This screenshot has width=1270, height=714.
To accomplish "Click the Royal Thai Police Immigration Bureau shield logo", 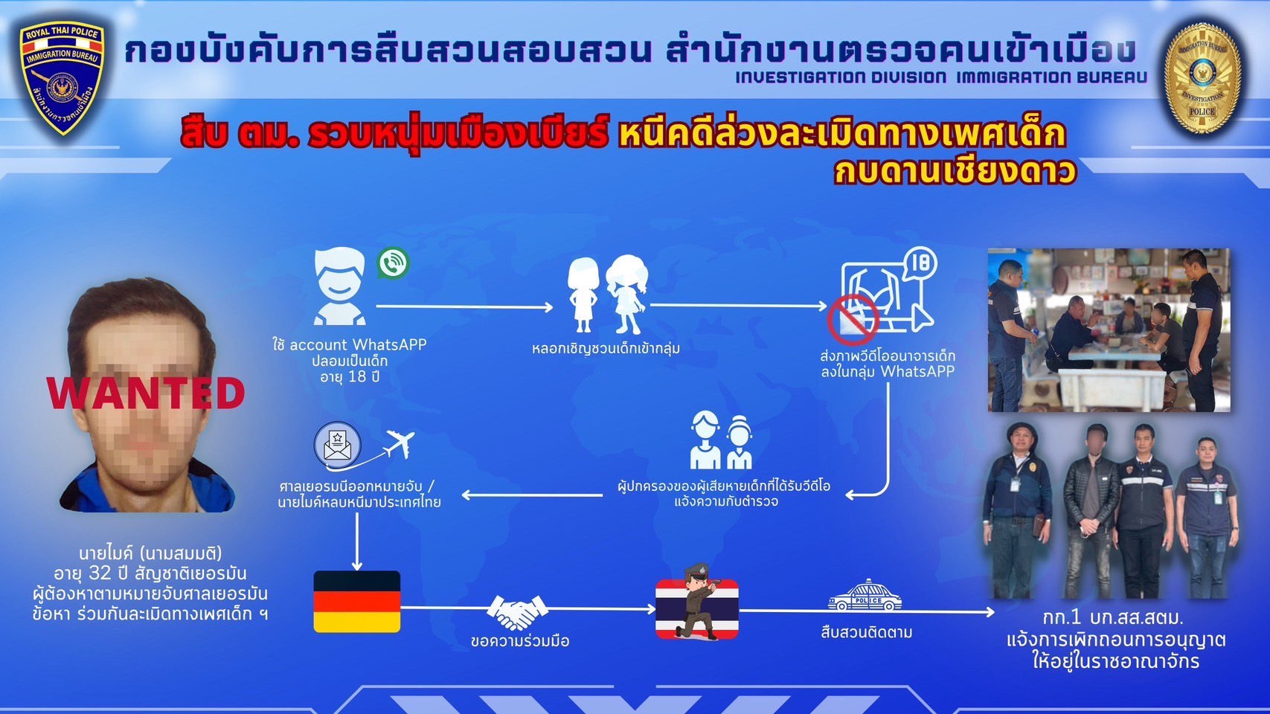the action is tap(62, 77).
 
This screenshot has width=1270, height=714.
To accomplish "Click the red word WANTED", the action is tap(147, 393).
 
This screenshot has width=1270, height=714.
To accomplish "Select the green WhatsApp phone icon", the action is tap(392, 263).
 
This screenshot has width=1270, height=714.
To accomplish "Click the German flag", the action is tap(357, 601).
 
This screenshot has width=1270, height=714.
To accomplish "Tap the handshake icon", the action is tap(517, 611).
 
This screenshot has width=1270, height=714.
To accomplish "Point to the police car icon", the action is tap(865, 595).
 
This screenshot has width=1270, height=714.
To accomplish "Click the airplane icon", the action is tap(400, 443).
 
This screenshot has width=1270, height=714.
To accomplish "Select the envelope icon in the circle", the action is tap(337, 446).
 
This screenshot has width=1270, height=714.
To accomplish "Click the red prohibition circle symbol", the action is tap(852, 320).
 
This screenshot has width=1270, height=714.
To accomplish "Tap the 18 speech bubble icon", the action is tap(920, 263).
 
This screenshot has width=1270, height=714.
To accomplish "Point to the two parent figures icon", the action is tap(722, 440).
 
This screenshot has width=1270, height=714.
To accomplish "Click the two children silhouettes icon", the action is tap(608, 294).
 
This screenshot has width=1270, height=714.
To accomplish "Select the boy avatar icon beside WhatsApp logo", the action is tap(339, 286).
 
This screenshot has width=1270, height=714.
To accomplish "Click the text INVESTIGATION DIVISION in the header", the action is tap(841, 77).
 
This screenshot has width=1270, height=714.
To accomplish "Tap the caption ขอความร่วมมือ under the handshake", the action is tap(520, 641).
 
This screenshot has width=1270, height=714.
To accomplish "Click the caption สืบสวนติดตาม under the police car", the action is tap(866, 632).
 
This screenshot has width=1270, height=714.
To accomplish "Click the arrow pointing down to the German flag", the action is tap(357, 541).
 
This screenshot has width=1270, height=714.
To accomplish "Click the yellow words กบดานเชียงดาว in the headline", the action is tap(955, 171).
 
